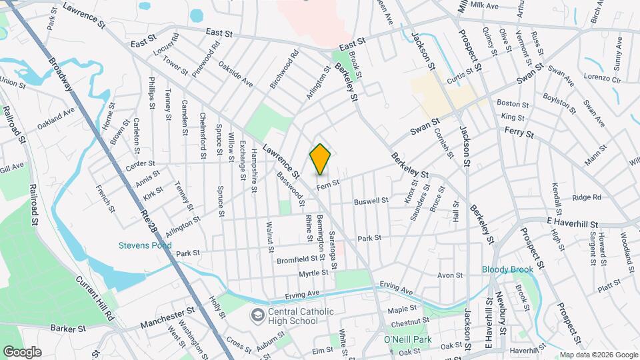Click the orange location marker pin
pos(320,159)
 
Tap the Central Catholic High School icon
pos(257,314)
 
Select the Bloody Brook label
pos(508,269)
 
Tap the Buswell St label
pos(371,201)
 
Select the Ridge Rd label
pos(587,197)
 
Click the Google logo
pos(22,351)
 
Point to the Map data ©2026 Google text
pos(598,355)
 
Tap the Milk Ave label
pos(485,5)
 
